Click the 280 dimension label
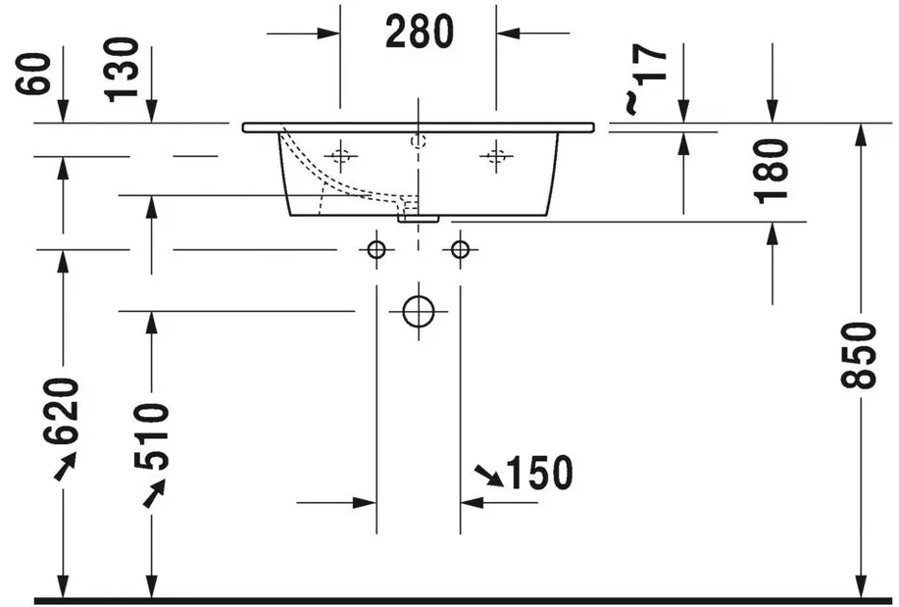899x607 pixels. tap(419, 32)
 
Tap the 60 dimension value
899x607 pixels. tap(34, 73)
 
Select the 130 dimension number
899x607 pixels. tap(122, 70)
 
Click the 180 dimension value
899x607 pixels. tap(771, 172)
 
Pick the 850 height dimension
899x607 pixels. tap(859, 356)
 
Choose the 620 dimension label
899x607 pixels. tap(61, 411)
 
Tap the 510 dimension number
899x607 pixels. tap(151, 436)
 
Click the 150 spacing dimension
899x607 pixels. tap(540, 473)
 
